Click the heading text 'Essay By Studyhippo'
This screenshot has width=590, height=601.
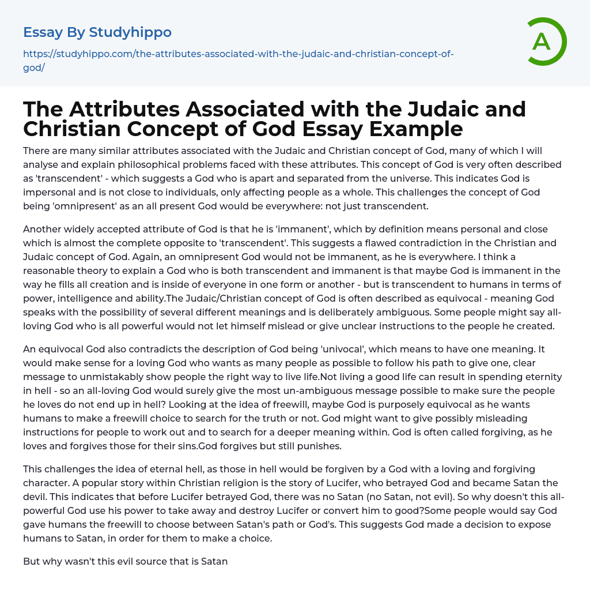point(97,32)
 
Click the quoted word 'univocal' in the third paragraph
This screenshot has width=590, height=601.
point(314,349)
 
